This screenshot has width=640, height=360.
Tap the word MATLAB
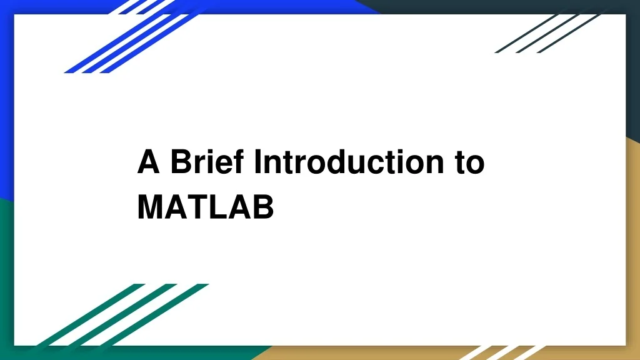[206, 207]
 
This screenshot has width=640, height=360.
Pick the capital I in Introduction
[257, 162]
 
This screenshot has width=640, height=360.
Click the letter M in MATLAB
[150, 207]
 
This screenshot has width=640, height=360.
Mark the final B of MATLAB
[263, 207]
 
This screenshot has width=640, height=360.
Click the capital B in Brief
[180, 162]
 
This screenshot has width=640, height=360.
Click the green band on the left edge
[6, 275]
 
